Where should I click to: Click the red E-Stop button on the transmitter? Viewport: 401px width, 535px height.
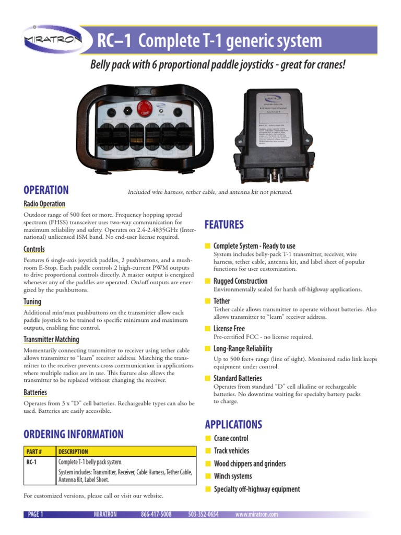144,109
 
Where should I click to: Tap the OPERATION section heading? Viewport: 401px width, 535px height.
46,190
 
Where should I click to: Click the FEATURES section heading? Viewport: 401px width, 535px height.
224,225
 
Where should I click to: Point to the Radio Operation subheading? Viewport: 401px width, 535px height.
45,204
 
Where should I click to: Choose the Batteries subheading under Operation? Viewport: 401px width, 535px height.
36,392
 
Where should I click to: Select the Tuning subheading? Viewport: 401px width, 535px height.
32,301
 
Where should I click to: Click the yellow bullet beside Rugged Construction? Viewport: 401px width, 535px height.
207,281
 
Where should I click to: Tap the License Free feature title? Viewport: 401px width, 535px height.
229,329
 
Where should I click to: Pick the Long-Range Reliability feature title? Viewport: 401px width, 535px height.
243,348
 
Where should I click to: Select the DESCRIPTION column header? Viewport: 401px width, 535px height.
73,451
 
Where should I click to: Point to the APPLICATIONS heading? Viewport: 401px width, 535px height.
233,424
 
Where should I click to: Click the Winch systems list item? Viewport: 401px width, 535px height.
233,476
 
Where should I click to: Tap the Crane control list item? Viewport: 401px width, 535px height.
231,438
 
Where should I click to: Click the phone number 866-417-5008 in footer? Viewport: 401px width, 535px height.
156,515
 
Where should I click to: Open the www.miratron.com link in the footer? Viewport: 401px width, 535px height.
256,515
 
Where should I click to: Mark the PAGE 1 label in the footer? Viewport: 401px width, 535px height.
34,515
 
